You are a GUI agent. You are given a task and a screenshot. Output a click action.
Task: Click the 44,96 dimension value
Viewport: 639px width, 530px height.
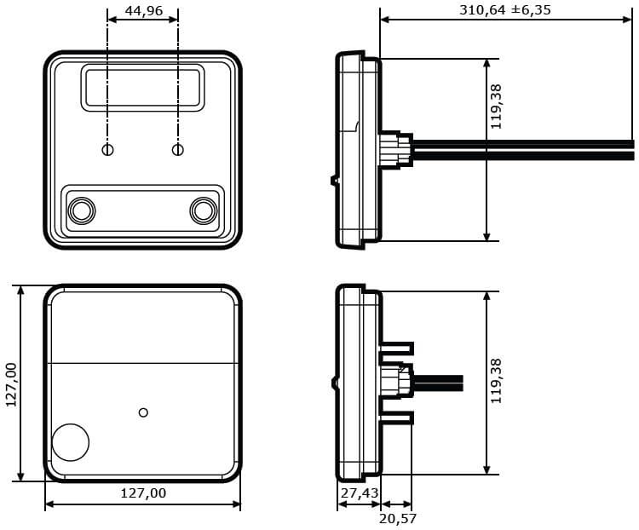tap(143, 10)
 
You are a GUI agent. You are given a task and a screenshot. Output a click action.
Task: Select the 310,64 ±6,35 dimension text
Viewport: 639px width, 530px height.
tap(505, 9)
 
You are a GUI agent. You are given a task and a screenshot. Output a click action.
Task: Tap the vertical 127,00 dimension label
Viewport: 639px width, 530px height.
tap(12, 384)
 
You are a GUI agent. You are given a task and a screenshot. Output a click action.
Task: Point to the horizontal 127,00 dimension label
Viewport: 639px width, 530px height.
tap(143, 493)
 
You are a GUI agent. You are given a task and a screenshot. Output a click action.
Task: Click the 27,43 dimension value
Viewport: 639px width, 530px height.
tap(360, 493)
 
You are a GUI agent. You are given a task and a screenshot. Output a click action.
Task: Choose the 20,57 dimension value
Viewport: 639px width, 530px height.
tap(398, 519)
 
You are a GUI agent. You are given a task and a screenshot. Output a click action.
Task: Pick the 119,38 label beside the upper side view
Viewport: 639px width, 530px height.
tap(496, 107)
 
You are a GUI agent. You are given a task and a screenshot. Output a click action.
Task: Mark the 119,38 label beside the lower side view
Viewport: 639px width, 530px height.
tap(496, 381)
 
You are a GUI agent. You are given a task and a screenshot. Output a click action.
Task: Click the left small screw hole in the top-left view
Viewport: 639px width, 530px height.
tap(107, 150)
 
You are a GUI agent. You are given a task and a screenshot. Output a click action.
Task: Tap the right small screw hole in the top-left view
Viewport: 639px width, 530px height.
tap(178, 150)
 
